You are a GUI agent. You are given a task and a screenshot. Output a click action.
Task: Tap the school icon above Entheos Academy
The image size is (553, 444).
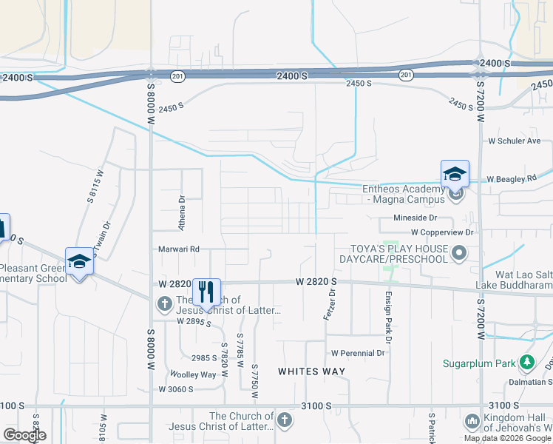[x=455, y=175]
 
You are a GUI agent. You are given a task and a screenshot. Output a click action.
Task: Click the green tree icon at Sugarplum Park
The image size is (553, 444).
[x=526, y=363]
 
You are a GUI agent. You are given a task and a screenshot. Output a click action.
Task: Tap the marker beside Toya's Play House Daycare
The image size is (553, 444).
[x=459, y=254]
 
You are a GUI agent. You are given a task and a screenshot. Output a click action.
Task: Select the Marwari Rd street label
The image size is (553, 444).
[x=180, y=249]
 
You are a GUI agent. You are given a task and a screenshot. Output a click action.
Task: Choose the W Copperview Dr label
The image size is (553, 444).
[x=440, y=232]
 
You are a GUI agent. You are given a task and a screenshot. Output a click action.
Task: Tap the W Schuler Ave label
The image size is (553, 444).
[x=515, y=141]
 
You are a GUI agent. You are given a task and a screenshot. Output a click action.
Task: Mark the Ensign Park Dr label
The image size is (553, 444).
[x=387, y=312]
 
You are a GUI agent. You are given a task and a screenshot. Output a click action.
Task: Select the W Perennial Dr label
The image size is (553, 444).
[x=359, y=353]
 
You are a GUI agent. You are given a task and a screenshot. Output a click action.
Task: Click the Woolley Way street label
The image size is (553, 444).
[x=193, y=374]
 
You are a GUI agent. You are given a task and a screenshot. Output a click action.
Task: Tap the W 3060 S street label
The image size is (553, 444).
[x=175, y=389]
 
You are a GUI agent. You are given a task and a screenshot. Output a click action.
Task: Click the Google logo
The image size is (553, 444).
[x=24, y=435]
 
